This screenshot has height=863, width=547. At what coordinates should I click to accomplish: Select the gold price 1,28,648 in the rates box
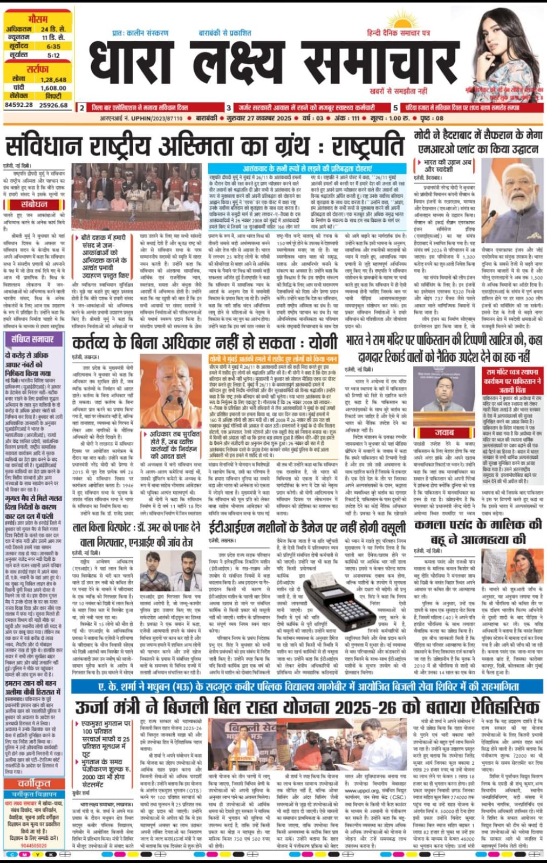(x=53, y=79)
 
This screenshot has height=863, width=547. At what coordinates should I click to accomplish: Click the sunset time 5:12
(x=53, y=55)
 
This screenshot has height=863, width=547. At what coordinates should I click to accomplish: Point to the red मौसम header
(x=37, y=19)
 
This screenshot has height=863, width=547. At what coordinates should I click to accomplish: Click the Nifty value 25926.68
(x=53, y=105)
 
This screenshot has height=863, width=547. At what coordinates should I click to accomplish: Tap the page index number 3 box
(x=229, y=108)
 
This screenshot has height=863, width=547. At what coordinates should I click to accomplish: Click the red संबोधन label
(x=34, y=204)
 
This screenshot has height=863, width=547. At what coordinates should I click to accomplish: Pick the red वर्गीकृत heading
(x=34, y=783)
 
